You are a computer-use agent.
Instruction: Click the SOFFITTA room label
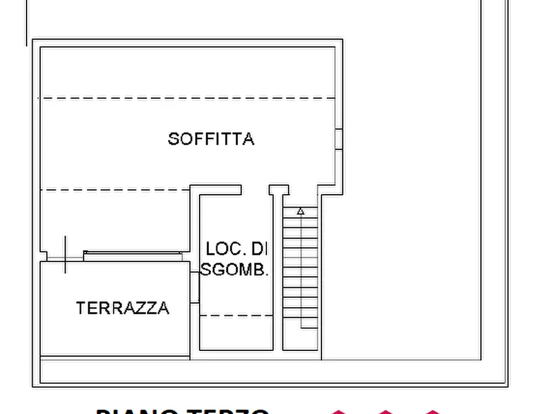(x=211, y=138)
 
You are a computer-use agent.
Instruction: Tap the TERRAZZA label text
(x=122, y=308)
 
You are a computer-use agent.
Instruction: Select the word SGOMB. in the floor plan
(x=235, y=269)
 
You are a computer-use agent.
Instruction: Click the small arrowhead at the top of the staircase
(x=300, y=211)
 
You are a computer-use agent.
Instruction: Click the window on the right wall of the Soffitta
(x=338, y=139)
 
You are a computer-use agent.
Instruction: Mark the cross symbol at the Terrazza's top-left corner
(x=65, y=255)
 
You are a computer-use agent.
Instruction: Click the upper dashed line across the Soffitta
(x=185, y=98)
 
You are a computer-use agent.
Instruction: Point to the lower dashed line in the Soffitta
(x=114, y=190)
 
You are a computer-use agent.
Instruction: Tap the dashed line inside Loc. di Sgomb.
(x=237, y=315)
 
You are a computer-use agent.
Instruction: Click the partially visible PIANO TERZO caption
(x=182, y=410)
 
